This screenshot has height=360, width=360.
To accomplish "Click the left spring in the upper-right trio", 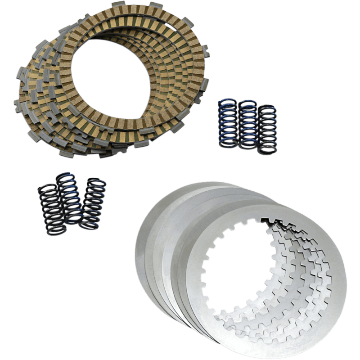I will coord(228,122).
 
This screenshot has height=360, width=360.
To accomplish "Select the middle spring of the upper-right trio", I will coord(248,124).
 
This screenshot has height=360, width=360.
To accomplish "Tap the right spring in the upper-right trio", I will coord(268,129).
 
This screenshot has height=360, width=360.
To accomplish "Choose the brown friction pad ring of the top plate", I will coord(171,103).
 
